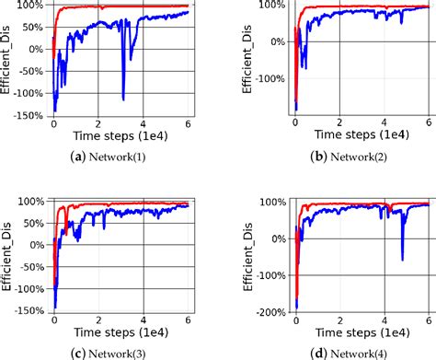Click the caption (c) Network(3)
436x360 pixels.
(x=120, y=351)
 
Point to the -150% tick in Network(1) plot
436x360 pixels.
(x=29, y=116)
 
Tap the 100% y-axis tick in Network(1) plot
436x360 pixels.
(x=32, y=6)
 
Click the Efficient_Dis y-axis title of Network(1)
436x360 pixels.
(x=7, y=60)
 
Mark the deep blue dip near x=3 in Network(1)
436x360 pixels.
(x=123, y=98)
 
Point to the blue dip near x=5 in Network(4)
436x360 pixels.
(x=402, y=259)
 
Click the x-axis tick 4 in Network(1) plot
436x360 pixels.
(x=143, y=124)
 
